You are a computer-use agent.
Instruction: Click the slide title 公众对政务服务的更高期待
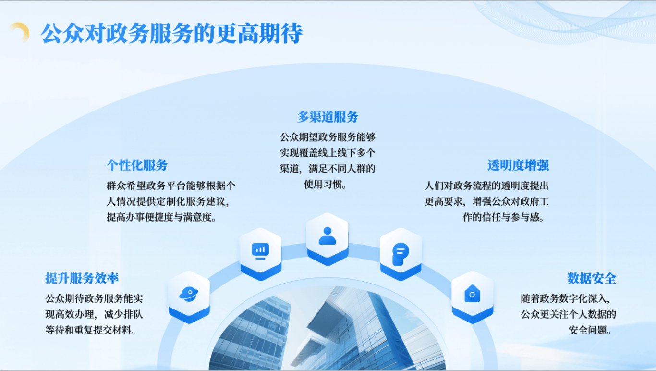click(x=171, y=34)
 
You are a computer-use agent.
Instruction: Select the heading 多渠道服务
click(x=328, y=117)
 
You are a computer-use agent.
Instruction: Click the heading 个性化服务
click(x=137, y=165)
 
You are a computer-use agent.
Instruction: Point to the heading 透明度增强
click(x=518, y=165)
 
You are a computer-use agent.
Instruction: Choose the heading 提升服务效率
click(x=82, y=278)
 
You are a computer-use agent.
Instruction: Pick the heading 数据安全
click(x=592, y=278)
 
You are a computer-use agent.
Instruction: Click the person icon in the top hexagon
click(x=327, y=235)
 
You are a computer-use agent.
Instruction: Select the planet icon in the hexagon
click(x=189, y=294)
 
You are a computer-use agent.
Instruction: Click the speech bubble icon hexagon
click(x=401, y=254)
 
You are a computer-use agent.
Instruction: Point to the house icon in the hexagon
click(x=472, y=293)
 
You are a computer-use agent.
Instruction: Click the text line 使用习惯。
click(x=326, y=185)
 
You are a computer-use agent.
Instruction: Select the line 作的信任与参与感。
click(x=504, y=217)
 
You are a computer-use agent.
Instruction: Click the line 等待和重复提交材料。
click(x=91, y=330)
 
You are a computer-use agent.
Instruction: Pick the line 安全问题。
click(x=590, y=330)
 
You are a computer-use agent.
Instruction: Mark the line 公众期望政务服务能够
click(x=328, y=137)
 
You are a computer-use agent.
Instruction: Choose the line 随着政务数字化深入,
click(x=566, y=298)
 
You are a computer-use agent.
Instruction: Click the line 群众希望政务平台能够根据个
click(x=171, y=186)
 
